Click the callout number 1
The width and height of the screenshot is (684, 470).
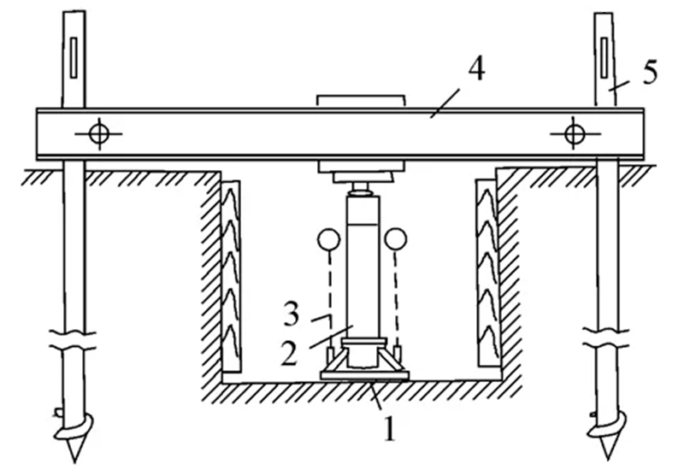click(x=390, y=428)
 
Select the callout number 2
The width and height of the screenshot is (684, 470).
click(x=289, y=353)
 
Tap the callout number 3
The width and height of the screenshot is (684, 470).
click(x=291, y=314)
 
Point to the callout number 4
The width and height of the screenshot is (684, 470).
click(x=476, y=69)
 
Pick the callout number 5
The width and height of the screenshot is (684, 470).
click(x=650, y=72)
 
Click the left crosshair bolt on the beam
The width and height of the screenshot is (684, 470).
click(x=99, y=134)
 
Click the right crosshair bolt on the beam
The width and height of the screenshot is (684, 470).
click(x=575, y=134)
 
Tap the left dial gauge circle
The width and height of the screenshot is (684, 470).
click(x=328, y=239)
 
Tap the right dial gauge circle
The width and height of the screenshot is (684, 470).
click(x=396, y=239)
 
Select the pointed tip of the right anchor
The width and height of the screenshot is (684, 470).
click(x=606, y=459)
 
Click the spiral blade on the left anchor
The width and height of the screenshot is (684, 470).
click(x=74, y=427)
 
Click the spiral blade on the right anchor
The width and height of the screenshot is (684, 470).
click(x=607, y=425)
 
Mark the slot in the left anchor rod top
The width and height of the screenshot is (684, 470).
click(x=74, y=57)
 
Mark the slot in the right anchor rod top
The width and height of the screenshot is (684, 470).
click(x=604, y=57)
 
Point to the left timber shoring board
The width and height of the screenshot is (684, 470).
click(x=231, y=276)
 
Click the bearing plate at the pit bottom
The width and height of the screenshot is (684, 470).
click(x=365, y=375)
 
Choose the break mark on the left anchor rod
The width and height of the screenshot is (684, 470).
click(x=73, y=341)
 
